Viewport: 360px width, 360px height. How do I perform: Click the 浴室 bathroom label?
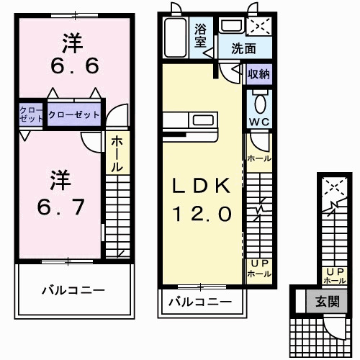coord(202,35)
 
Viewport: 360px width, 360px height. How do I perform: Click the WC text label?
coord(258,121)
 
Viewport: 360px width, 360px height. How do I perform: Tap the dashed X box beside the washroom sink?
coord(258,27)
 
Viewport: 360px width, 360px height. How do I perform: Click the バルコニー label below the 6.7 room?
coord(72,290)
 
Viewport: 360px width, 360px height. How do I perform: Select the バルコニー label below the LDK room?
coord(200,302)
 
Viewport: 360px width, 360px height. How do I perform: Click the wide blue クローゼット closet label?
coord(74,114)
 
